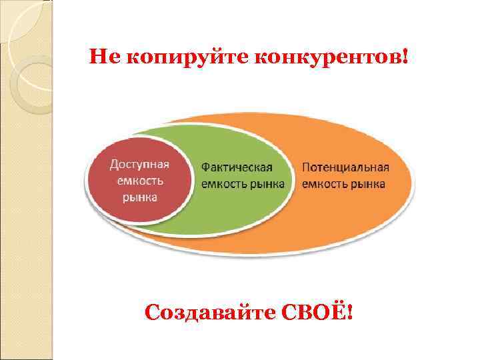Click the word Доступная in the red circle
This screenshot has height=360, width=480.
point(139,165)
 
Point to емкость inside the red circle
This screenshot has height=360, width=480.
point(139,181)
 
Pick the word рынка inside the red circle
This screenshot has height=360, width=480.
point(139,197)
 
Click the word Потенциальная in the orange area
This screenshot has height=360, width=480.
point(345,168)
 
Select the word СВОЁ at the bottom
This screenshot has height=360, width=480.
point(317,313)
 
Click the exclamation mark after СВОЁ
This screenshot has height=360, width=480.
point(349,313)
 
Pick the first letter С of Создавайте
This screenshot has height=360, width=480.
point(152,313)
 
